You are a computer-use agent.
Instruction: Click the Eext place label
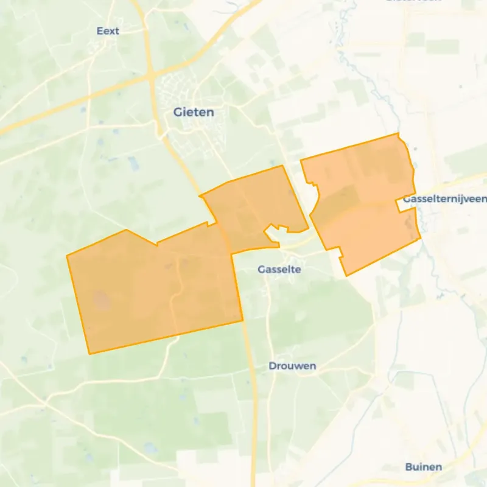pos(109,31)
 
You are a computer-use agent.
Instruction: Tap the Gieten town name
pos(194,112)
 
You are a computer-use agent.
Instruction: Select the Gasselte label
pos(279,269)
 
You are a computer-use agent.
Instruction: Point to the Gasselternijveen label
pos(444,200)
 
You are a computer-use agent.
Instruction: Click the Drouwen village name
pos(292,366)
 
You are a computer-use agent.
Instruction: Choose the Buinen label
pos(424,467)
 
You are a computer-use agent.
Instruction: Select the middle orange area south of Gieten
pos(256,207)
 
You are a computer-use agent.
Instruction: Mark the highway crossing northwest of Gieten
pos(151,77)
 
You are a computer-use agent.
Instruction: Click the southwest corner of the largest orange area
pos(89,354)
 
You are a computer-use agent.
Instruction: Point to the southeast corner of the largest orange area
pos(243,320)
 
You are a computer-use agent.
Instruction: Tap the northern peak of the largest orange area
pos(126,230)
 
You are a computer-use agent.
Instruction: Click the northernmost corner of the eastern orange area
pos(398,133)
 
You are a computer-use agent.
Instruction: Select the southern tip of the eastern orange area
pos(346,276)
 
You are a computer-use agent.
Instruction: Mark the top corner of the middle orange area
pos(282,166)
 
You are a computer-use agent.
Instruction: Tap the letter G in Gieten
pos(178,112)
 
